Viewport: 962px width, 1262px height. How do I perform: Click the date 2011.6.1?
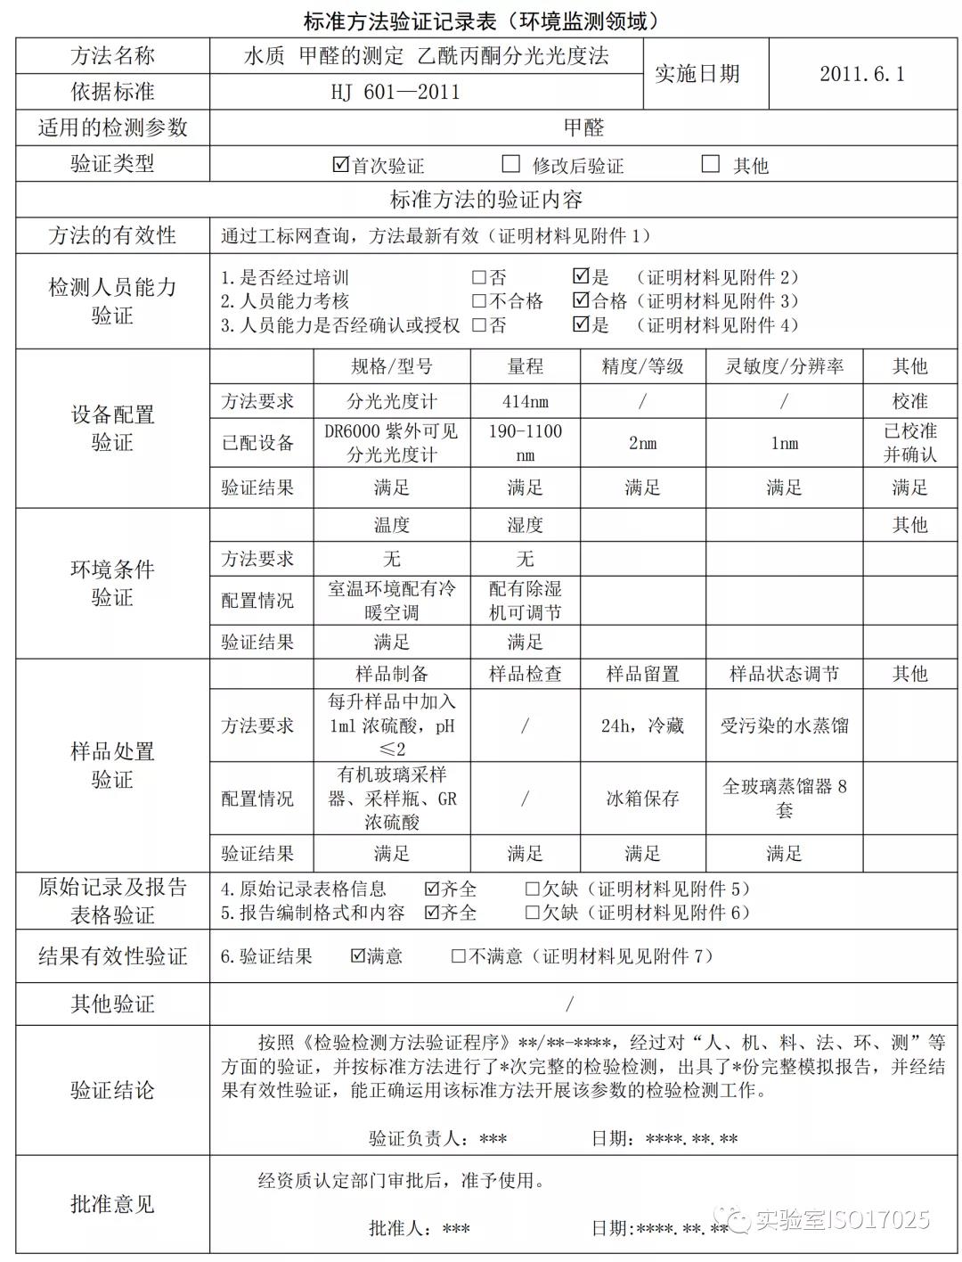point(861,74)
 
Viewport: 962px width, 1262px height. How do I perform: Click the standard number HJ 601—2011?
point(395,92)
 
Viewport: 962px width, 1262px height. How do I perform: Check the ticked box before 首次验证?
point(340,165)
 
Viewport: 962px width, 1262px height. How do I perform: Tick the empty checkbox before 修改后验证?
point(511,164)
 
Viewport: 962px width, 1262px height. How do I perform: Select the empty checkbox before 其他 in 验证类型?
point(710,164)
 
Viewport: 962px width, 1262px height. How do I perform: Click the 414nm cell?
point(525,401)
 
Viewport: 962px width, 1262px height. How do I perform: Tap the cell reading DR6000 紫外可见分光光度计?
point(392,443)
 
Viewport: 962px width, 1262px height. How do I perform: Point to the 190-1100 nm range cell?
point(525,443)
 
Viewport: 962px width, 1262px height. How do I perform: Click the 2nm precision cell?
point(642,443)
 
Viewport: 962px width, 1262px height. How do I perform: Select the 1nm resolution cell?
point(784,443)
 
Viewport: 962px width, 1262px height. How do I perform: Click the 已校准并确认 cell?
point(909,443)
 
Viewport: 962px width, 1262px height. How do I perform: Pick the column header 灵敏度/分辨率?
point(784,366)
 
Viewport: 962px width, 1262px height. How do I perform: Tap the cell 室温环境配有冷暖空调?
point(392,601)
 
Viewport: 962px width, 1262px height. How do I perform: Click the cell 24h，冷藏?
point(642,725)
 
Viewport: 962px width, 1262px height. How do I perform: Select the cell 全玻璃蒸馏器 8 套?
point(784,798)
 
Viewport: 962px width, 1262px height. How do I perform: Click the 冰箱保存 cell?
point(642,799)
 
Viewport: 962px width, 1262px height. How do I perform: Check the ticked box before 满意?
point(358,956)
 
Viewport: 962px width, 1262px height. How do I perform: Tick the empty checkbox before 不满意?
point(459,956)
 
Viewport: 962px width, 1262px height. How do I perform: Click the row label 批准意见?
point(112,1204)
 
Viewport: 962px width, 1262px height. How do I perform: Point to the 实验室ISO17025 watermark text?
point(841,1218)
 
